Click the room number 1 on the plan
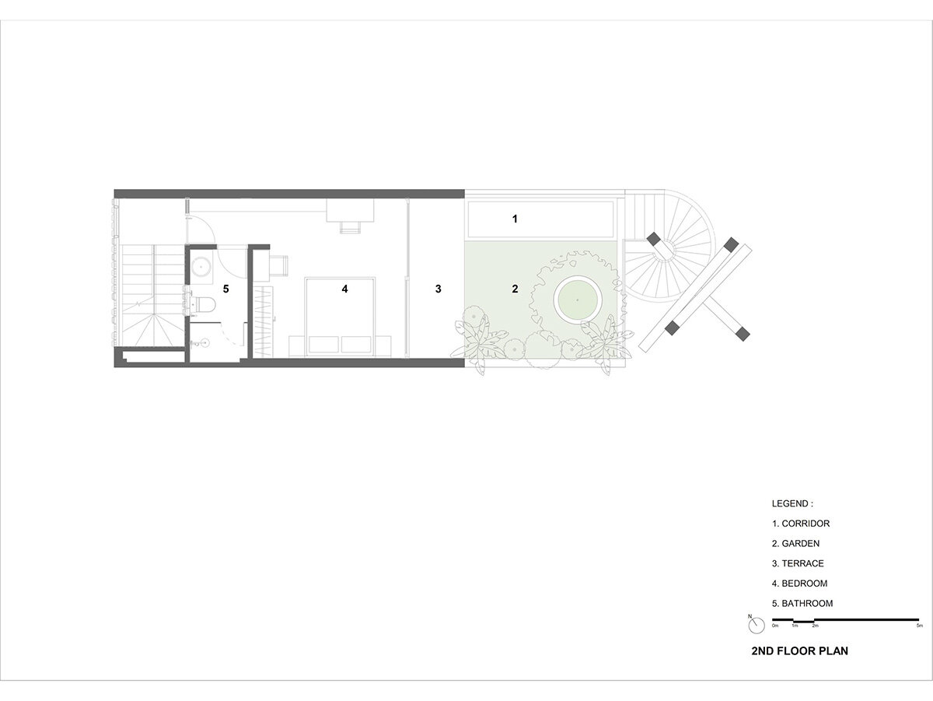pos(515,219)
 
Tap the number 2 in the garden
pos(515,289)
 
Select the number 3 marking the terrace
pos(439,289)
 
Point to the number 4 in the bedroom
pos(344,289)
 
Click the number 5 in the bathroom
pos(225,289)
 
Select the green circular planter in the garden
pos(578,300)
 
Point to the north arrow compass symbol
pos(756,625)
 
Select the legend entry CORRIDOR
pos(801,524)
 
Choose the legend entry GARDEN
pos(795,544)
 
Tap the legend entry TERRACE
pos(798,563)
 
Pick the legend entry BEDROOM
pos(799,584)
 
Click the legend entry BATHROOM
pos(802,604)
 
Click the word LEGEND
pos(792,503)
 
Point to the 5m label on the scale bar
pos(920,626)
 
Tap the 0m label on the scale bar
pos(775,626)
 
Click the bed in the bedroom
pos(340,317)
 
